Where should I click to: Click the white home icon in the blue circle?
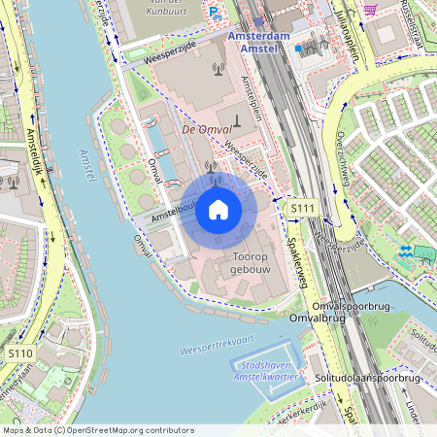[218, 210]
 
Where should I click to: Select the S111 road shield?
[303, 209]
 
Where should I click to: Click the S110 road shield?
[20, 354]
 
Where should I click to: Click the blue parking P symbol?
[213, 11]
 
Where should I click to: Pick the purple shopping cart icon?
[370, 9]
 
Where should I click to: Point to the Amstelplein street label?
[251, 97]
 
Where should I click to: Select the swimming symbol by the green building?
[404, 253]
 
